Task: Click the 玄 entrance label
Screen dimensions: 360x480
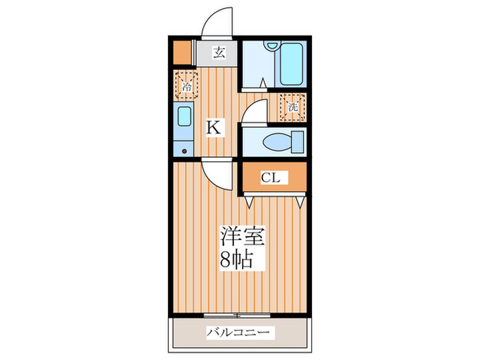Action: point(217,53)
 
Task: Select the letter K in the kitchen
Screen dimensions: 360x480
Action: point(215,127)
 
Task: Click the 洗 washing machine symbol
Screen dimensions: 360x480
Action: point(293,107)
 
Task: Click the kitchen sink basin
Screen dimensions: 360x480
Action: point(184,117)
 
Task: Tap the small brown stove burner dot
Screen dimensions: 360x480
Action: point(184,151)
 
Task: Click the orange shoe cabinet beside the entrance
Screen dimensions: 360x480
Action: point(181,53)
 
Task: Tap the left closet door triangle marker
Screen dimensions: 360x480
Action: point(248,202)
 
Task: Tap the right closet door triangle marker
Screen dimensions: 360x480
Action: point(301,202)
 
